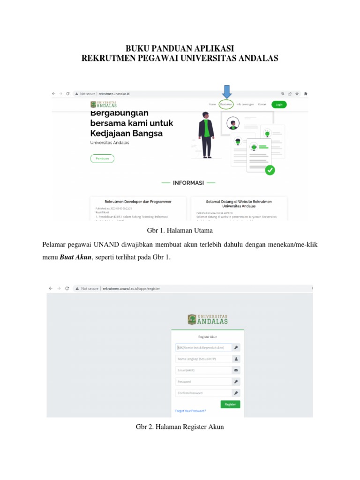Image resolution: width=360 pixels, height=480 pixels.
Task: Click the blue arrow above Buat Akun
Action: (226, 92)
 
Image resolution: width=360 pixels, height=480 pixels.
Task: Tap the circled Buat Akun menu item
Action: (226, 104)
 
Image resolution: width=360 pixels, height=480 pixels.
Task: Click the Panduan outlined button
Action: (102, 158)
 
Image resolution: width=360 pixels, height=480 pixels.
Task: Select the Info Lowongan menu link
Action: (245, 104)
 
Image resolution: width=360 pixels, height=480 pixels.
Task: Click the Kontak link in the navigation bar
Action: (262, 104)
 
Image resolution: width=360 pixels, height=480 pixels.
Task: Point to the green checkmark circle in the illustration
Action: (270, 171)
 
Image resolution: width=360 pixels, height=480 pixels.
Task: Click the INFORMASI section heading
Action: (188, 183)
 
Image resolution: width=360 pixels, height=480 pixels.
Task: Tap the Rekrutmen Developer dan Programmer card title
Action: (138, 202)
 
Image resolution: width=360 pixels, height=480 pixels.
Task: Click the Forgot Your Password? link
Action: (190, 411)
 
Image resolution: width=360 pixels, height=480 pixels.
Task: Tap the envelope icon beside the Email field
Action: (236, 370)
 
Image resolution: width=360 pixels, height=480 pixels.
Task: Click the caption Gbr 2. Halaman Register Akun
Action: (180, 427)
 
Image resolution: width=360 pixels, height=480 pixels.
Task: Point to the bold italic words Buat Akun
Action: (75, 257)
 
